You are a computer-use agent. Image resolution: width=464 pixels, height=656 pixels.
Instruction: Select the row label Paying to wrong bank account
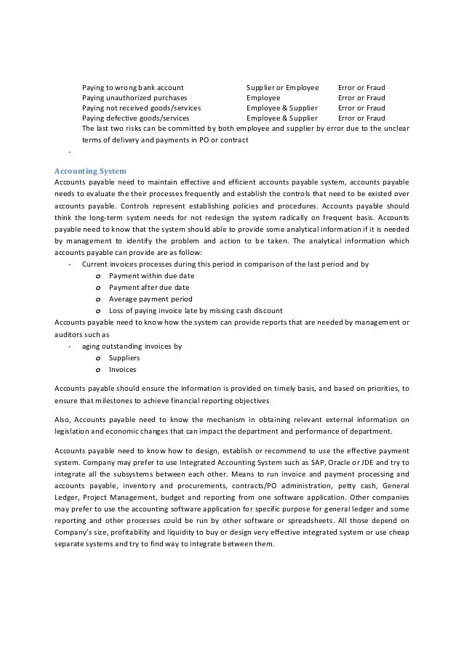132,87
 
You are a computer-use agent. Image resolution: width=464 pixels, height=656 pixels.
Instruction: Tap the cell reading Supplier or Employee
282,87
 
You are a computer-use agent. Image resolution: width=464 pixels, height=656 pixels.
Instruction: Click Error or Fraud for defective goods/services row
361,118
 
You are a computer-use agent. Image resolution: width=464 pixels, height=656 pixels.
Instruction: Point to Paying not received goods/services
141,108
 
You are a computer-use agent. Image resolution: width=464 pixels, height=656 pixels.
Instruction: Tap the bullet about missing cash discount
196,311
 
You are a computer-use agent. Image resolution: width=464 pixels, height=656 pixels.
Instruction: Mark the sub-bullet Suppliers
124,358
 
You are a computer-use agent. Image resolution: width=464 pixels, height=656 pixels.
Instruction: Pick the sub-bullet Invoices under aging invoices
123,370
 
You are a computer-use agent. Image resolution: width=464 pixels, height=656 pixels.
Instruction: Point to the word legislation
75,432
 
